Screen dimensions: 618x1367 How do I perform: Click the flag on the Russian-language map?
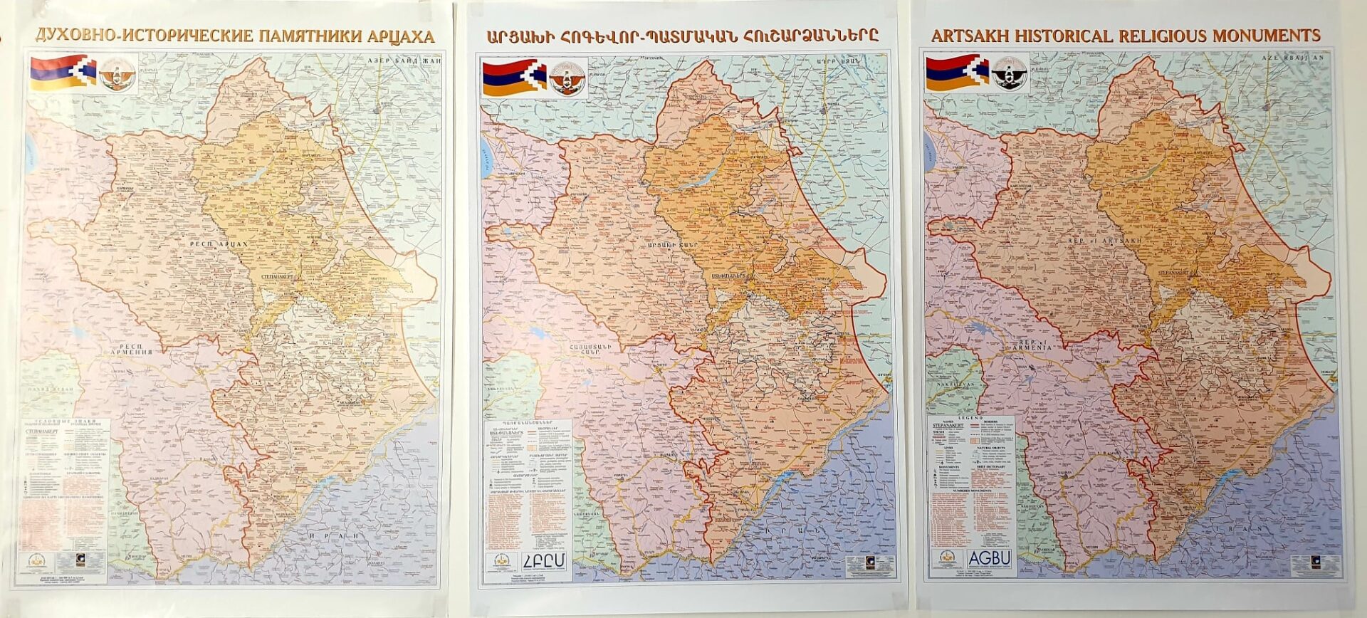(x=62, y=73)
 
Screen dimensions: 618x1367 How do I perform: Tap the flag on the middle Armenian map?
(x=514, y=78)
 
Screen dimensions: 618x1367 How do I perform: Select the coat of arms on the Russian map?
(x=117, y=74)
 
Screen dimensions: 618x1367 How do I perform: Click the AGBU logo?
(x=990, y=558)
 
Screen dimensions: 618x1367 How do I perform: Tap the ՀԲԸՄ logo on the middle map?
(x=545, y=562)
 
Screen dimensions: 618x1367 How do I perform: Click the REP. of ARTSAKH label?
(x=1105, y=241)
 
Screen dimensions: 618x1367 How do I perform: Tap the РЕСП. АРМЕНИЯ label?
(x=130, y=349)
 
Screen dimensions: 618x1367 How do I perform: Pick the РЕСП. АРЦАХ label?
(x=219, y=244)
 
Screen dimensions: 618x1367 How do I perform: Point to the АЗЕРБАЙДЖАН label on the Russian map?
(x=404, y=61)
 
